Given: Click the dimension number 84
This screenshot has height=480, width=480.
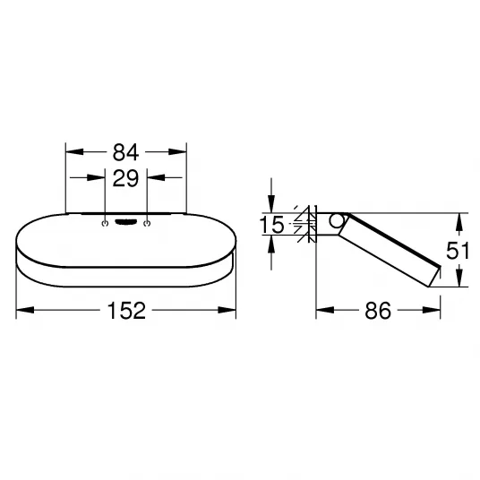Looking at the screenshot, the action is point(125,152).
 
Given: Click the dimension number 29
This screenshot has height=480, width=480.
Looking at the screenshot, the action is point(125,178).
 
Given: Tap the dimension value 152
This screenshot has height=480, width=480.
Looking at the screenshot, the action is point(126,311).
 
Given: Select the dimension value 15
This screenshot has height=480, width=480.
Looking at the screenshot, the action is point(272,225).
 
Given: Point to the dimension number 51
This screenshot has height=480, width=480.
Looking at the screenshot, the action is point(458,251).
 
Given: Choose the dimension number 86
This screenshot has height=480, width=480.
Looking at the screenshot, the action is point(378,311).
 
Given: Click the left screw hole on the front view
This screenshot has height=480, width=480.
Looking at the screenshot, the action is point(105,224).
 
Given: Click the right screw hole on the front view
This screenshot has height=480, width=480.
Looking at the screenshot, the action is point(147,224).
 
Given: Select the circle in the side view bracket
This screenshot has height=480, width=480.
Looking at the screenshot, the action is point(337,220).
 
